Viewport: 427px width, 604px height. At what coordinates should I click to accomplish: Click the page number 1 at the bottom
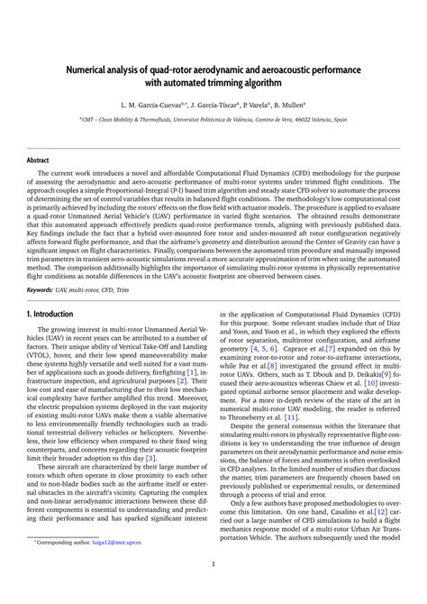(x=213, y=589)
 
